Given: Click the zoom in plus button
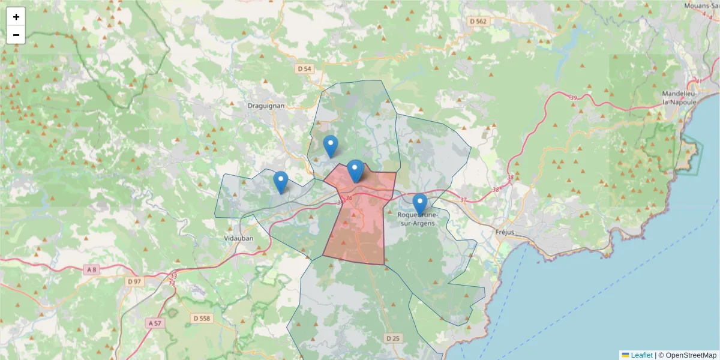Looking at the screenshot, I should point(16,17).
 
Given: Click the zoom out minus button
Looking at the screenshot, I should point(16,35).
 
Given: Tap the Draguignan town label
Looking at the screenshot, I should point(266,106).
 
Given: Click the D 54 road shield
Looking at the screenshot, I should point(305,69).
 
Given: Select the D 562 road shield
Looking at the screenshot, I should point(478,22).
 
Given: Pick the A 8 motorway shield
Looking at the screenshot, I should point(91,270).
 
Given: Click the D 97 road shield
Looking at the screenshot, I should point(134,281).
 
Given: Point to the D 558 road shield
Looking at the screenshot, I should point(202,318).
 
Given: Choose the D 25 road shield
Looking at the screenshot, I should point(392,338).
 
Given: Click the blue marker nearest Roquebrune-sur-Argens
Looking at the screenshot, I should point(420,204).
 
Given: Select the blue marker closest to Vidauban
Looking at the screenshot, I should point(280,182).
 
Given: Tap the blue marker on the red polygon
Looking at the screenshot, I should point(356,170).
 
